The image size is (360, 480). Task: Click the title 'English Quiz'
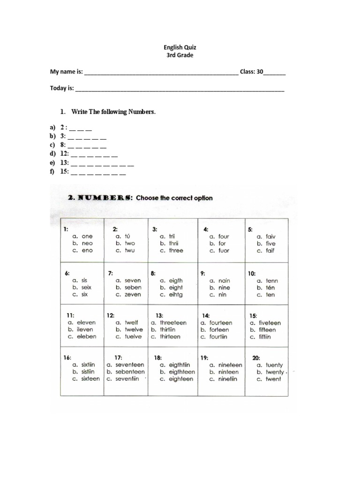180,47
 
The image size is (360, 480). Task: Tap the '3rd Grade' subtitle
180,55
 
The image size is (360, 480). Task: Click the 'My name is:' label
67,72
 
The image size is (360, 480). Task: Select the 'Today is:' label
62,88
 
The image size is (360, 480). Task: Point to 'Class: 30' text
252,72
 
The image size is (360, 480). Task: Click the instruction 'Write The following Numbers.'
113,112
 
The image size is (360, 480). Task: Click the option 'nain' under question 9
224,281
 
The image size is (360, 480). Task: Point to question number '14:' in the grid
206,316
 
